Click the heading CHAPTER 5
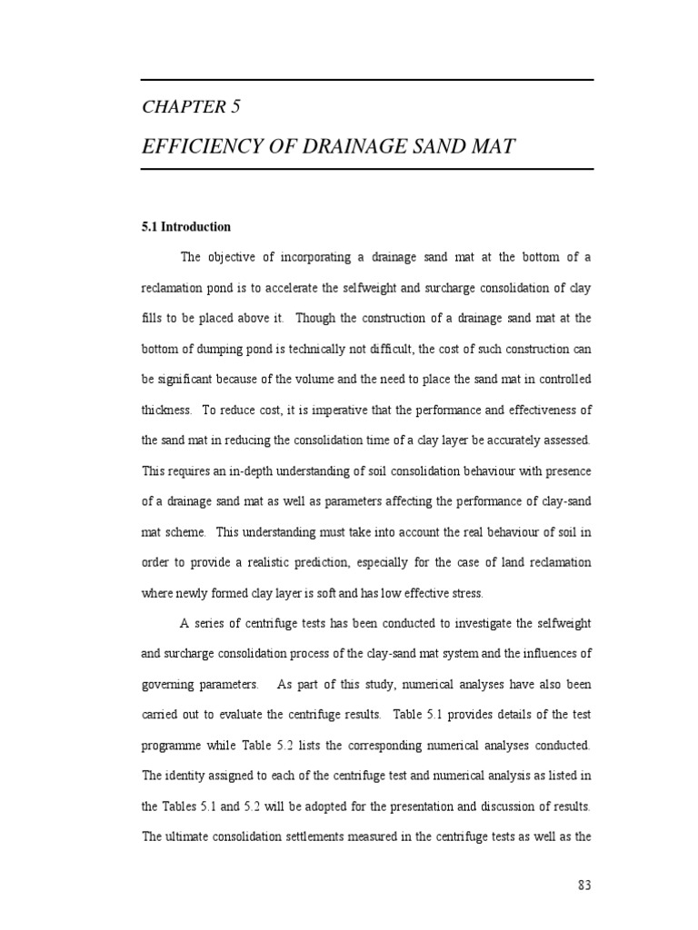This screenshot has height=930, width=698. coord(191,107)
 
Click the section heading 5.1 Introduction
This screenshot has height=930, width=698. coord(186,227)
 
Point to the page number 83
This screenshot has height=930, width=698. coord(584,886)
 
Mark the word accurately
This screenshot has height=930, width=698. coord(515,440)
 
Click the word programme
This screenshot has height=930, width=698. coord(174,745)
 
